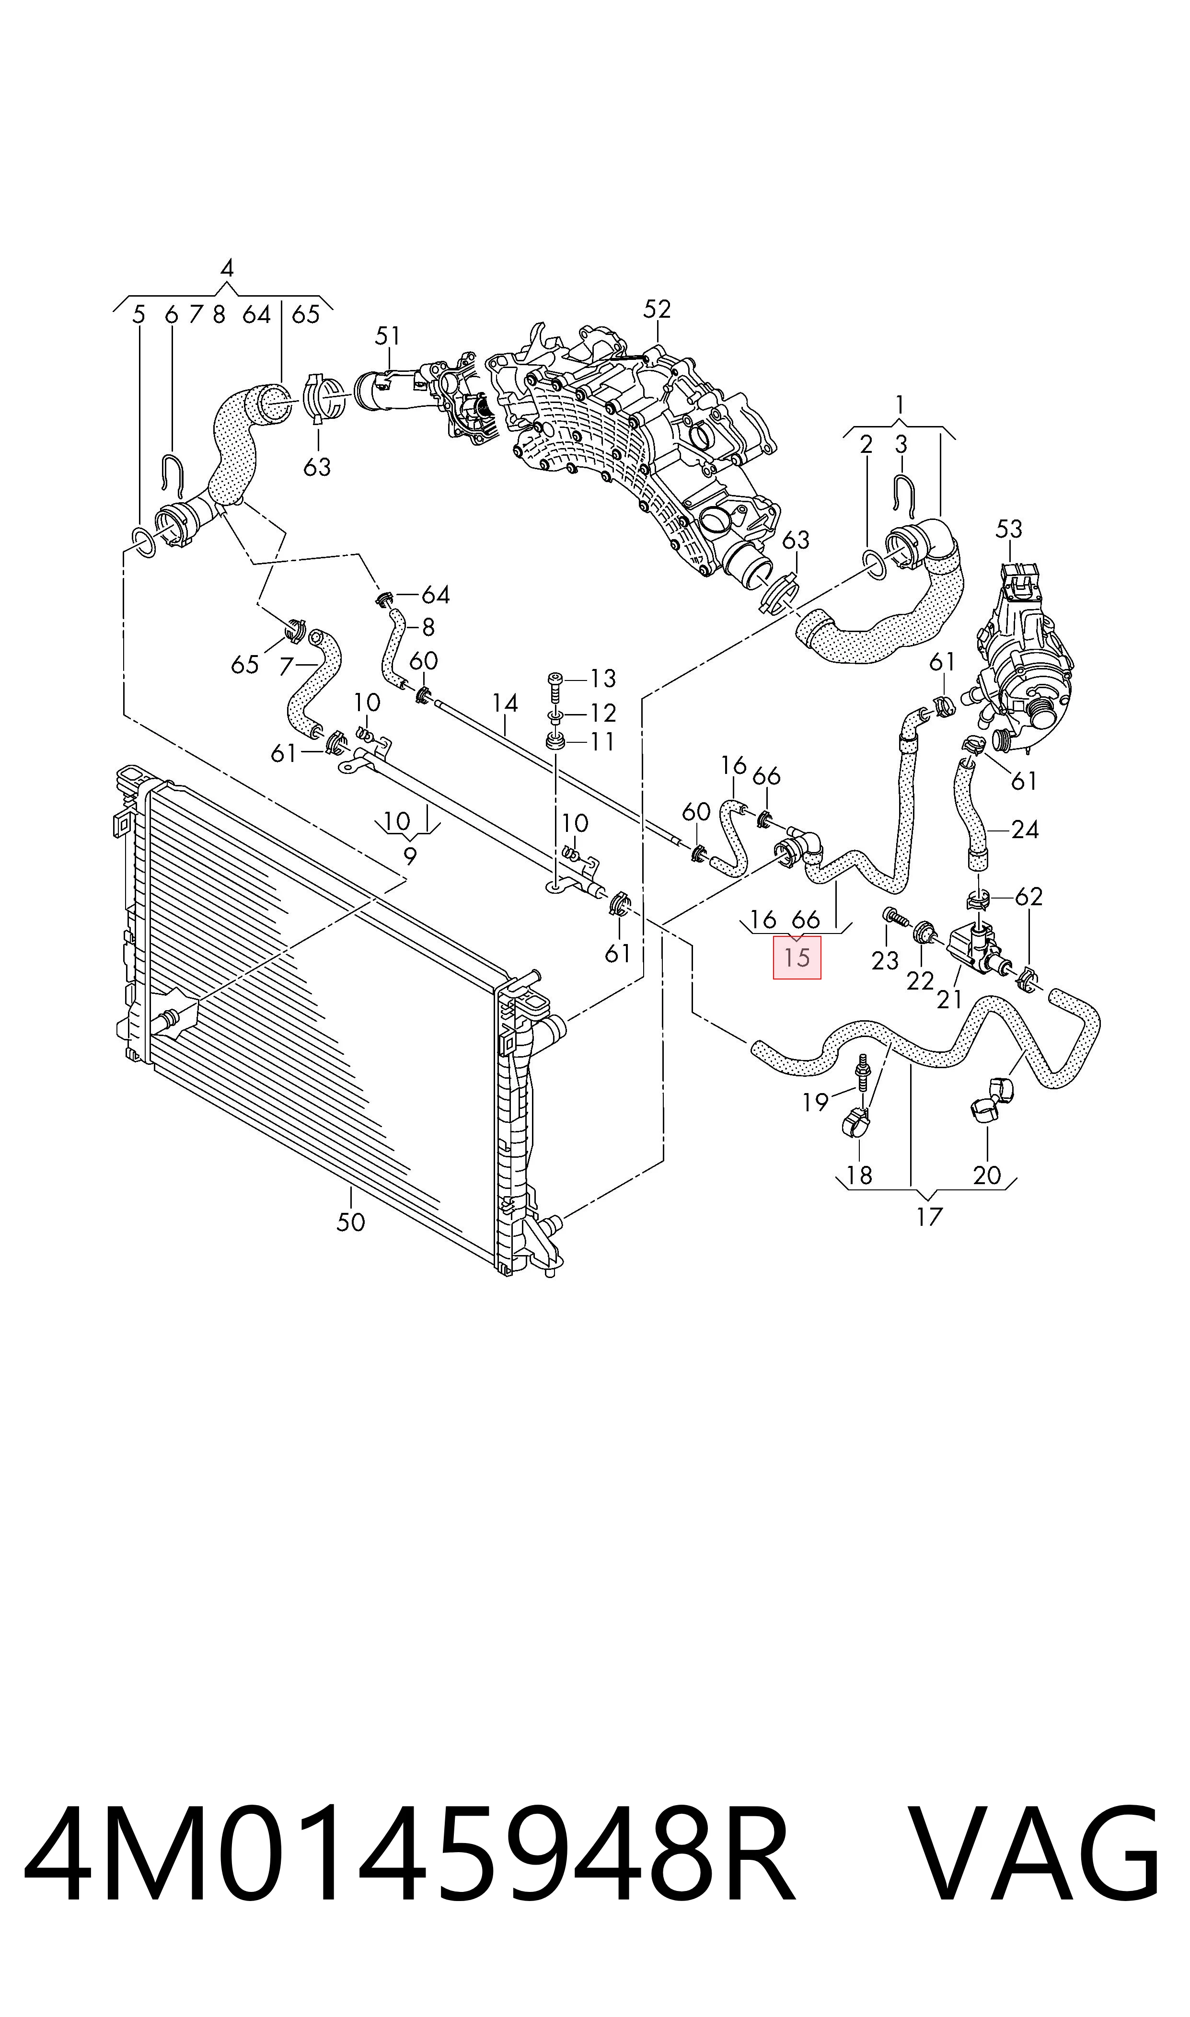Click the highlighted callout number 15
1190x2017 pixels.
(797, 957)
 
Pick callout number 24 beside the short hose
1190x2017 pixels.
(1024, 829)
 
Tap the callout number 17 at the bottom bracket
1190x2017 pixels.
(929, 1217)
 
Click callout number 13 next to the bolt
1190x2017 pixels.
(602, 678)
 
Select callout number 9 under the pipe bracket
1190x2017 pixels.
(410, 856)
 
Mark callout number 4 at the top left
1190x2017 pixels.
(227, 268)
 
